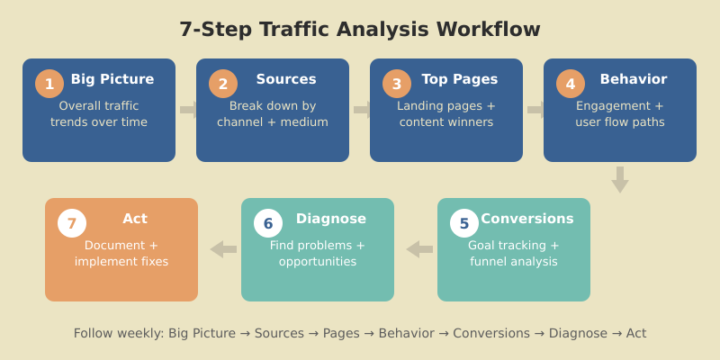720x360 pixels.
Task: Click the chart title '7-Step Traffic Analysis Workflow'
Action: [x=360, y=30]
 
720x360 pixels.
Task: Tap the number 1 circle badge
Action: [x=49, y=85]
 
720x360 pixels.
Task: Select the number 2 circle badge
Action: [x=223, y=85]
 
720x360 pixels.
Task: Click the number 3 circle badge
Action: [x=397, y=85]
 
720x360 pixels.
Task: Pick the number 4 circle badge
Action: [x=571, y=85]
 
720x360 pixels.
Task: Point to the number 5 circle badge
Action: [x=464, y=224]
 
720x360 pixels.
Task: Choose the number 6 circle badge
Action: [x=268, y=224]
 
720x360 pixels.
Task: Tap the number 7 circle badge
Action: [x=72, y=224]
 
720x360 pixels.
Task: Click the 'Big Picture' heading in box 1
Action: [x=112, y=79]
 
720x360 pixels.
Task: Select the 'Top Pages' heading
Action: [x=460, y=79]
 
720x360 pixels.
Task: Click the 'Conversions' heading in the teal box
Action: [x=527, y=219]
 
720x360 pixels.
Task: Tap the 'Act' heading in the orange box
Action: [x=135, y=219]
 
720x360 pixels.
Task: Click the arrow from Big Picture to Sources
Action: [x=187, y=110]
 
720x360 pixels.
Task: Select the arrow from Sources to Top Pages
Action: [x=361, y=110]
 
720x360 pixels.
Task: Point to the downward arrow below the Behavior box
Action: [x=620, y=179]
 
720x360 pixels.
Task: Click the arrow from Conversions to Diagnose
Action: [x=418, y=249]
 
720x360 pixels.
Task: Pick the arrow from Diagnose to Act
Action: [x=222, y=249]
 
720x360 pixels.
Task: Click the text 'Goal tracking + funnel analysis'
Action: [x=514, y=253]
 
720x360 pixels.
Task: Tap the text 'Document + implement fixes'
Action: [x=121, y=253]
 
